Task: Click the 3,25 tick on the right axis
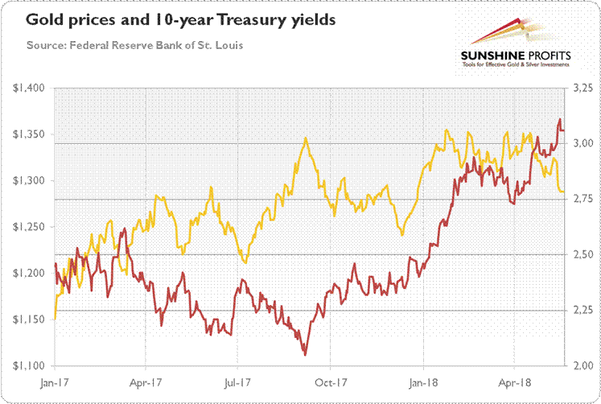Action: coord(580,88)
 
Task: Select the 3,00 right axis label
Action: coord(580,143)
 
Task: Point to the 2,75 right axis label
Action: coord(580,199)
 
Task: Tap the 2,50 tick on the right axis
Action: coord(580,254)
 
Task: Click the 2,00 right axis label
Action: coord(580,366)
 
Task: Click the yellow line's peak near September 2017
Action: coord(306,138)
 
